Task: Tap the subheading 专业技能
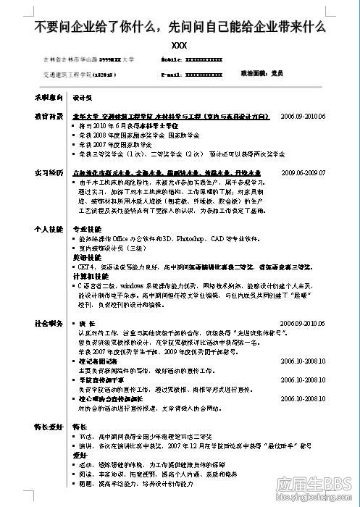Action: point(87,228)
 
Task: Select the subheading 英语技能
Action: point(87,257)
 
